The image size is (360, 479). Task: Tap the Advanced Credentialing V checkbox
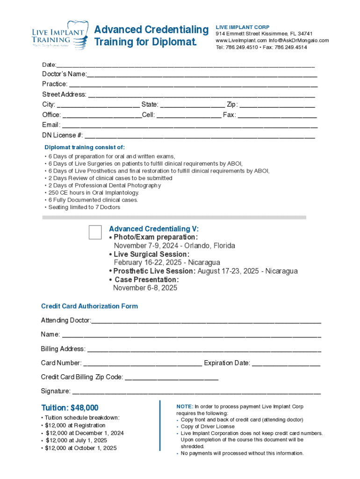click(x=95, y=232)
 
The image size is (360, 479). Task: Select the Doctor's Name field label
click(x=64, y=74)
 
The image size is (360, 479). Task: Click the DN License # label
click(x=63, y=136)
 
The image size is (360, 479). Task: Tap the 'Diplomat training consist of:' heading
click(x=84, y=147)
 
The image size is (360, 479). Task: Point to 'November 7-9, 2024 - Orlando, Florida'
click(x=174, y=246)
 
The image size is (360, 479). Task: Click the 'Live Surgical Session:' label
click(x=151, y=254)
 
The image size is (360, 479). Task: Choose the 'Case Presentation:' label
click(x=146, y=280)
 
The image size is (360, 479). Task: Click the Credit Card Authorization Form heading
click(x=89, y=306)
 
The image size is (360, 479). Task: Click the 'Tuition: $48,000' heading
click(x=70, y=408)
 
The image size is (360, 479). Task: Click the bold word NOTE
click(x=184, y=407)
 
